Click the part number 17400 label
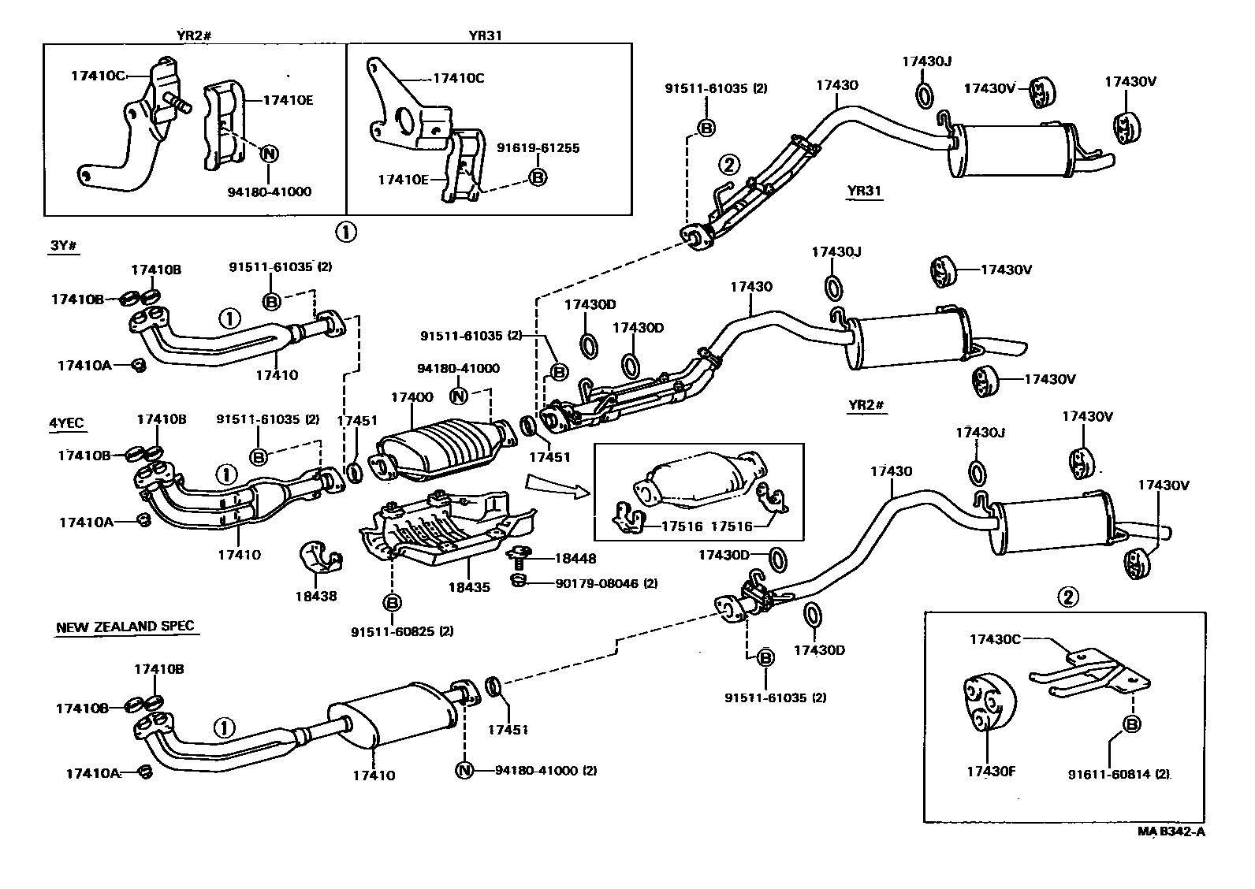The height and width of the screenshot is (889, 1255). [412, 399]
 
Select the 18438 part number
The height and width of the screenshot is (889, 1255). [317, 596]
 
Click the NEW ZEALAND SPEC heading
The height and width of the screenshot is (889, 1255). [125, 627]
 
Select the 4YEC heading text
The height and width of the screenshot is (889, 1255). [66, 423]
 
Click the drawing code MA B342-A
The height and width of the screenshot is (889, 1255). [1171, 831]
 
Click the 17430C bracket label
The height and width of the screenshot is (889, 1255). [994, 639]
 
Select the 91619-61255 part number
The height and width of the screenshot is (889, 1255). [538, 147]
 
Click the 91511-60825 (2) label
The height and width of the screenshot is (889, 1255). [402, 630]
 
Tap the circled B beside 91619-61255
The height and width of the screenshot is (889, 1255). [538, 177]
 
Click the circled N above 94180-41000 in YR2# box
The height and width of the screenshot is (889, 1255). [269, 153]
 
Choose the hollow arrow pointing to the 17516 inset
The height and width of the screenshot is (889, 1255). [557, 486]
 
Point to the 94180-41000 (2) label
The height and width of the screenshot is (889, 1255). [546, 770]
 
